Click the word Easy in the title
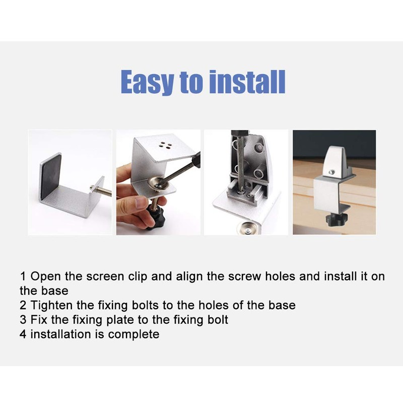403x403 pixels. tap(147, 82)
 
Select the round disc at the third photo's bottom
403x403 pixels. tap(247, 227)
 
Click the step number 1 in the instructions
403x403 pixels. tap(23, 276)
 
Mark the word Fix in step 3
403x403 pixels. tap(39, 320)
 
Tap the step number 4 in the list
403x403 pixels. tap(23, 334)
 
